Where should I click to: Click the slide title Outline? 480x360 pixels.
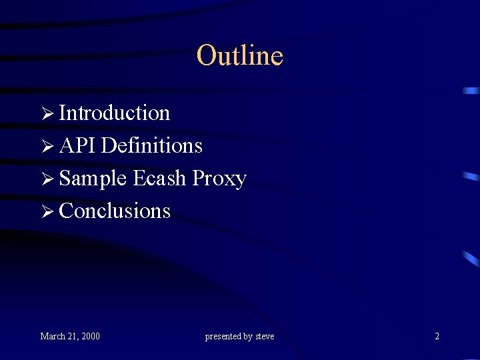[x=240, y=55]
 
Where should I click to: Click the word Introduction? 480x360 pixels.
[x=115, y=113]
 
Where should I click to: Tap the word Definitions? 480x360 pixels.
[x=153, y=145]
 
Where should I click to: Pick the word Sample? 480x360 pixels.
[x=93, y=179]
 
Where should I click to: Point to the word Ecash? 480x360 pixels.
[x=159, y=178]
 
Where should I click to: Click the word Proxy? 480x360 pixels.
[x=219, y=179]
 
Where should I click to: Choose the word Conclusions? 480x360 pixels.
[x=115, y=211]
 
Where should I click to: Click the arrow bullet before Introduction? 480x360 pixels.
[x=46, y=114]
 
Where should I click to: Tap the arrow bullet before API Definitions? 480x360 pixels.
[x=46, y=146]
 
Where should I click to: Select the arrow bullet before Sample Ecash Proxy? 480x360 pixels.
[x=46, y=179]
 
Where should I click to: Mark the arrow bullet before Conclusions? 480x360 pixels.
[x=46, y=211]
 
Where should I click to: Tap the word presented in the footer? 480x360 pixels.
[x=223, y=337]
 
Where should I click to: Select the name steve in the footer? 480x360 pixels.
[x=265, y=336]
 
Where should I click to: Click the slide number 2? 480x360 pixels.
[x=437, y=336]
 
